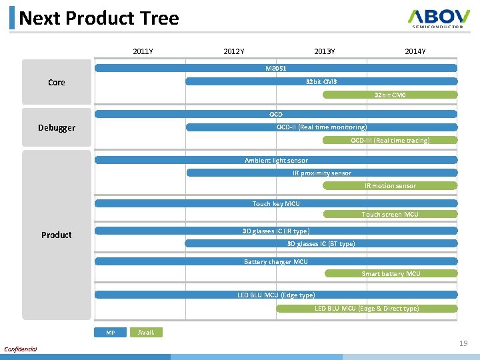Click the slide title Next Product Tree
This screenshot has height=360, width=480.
pyautogui.click(x=99, y=18)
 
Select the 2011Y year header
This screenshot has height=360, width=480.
pyautogui.click(x=143, y=51)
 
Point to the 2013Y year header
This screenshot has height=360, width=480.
pyautogui.click(x=325, y=51)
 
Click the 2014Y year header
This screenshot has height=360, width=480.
pyautogui.click(x=415, y=51)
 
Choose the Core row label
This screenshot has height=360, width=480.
pyautogui.click(x=57, y=83)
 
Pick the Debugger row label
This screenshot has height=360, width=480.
pyautogui.click(x=57, y=127)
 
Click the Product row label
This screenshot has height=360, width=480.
pyautogui.click(x=57, y=235)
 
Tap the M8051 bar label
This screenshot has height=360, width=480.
pyautogui.click(x=276, y=68)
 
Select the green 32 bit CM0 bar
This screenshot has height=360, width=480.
pyautogui.click(x=390, y=95)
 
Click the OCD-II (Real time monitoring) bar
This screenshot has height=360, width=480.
pyautogui.click(x=321, y=127)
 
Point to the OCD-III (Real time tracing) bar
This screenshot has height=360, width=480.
pyautogui.click(x=390, y=140)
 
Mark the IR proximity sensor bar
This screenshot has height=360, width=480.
pyautogui.click(x=321, y=173)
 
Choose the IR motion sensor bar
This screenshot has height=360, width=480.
pyautogui.click(x=390, y=185)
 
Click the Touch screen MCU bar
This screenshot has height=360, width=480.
pyautogui.click(x=390, y=214)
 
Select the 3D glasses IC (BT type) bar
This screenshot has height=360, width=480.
pyautogui.click(x=321, y=243)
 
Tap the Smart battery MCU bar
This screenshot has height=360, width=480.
pyautogui.click(x=391, y=273)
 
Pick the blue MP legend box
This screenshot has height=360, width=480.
pyautogui.click(x=111, y=332)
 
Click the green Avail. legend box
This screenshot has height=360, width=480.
pyautogui.click(x=146, y=332)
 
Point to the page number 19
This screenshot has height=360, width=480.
pyautogui.click(x=463, y=343)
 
